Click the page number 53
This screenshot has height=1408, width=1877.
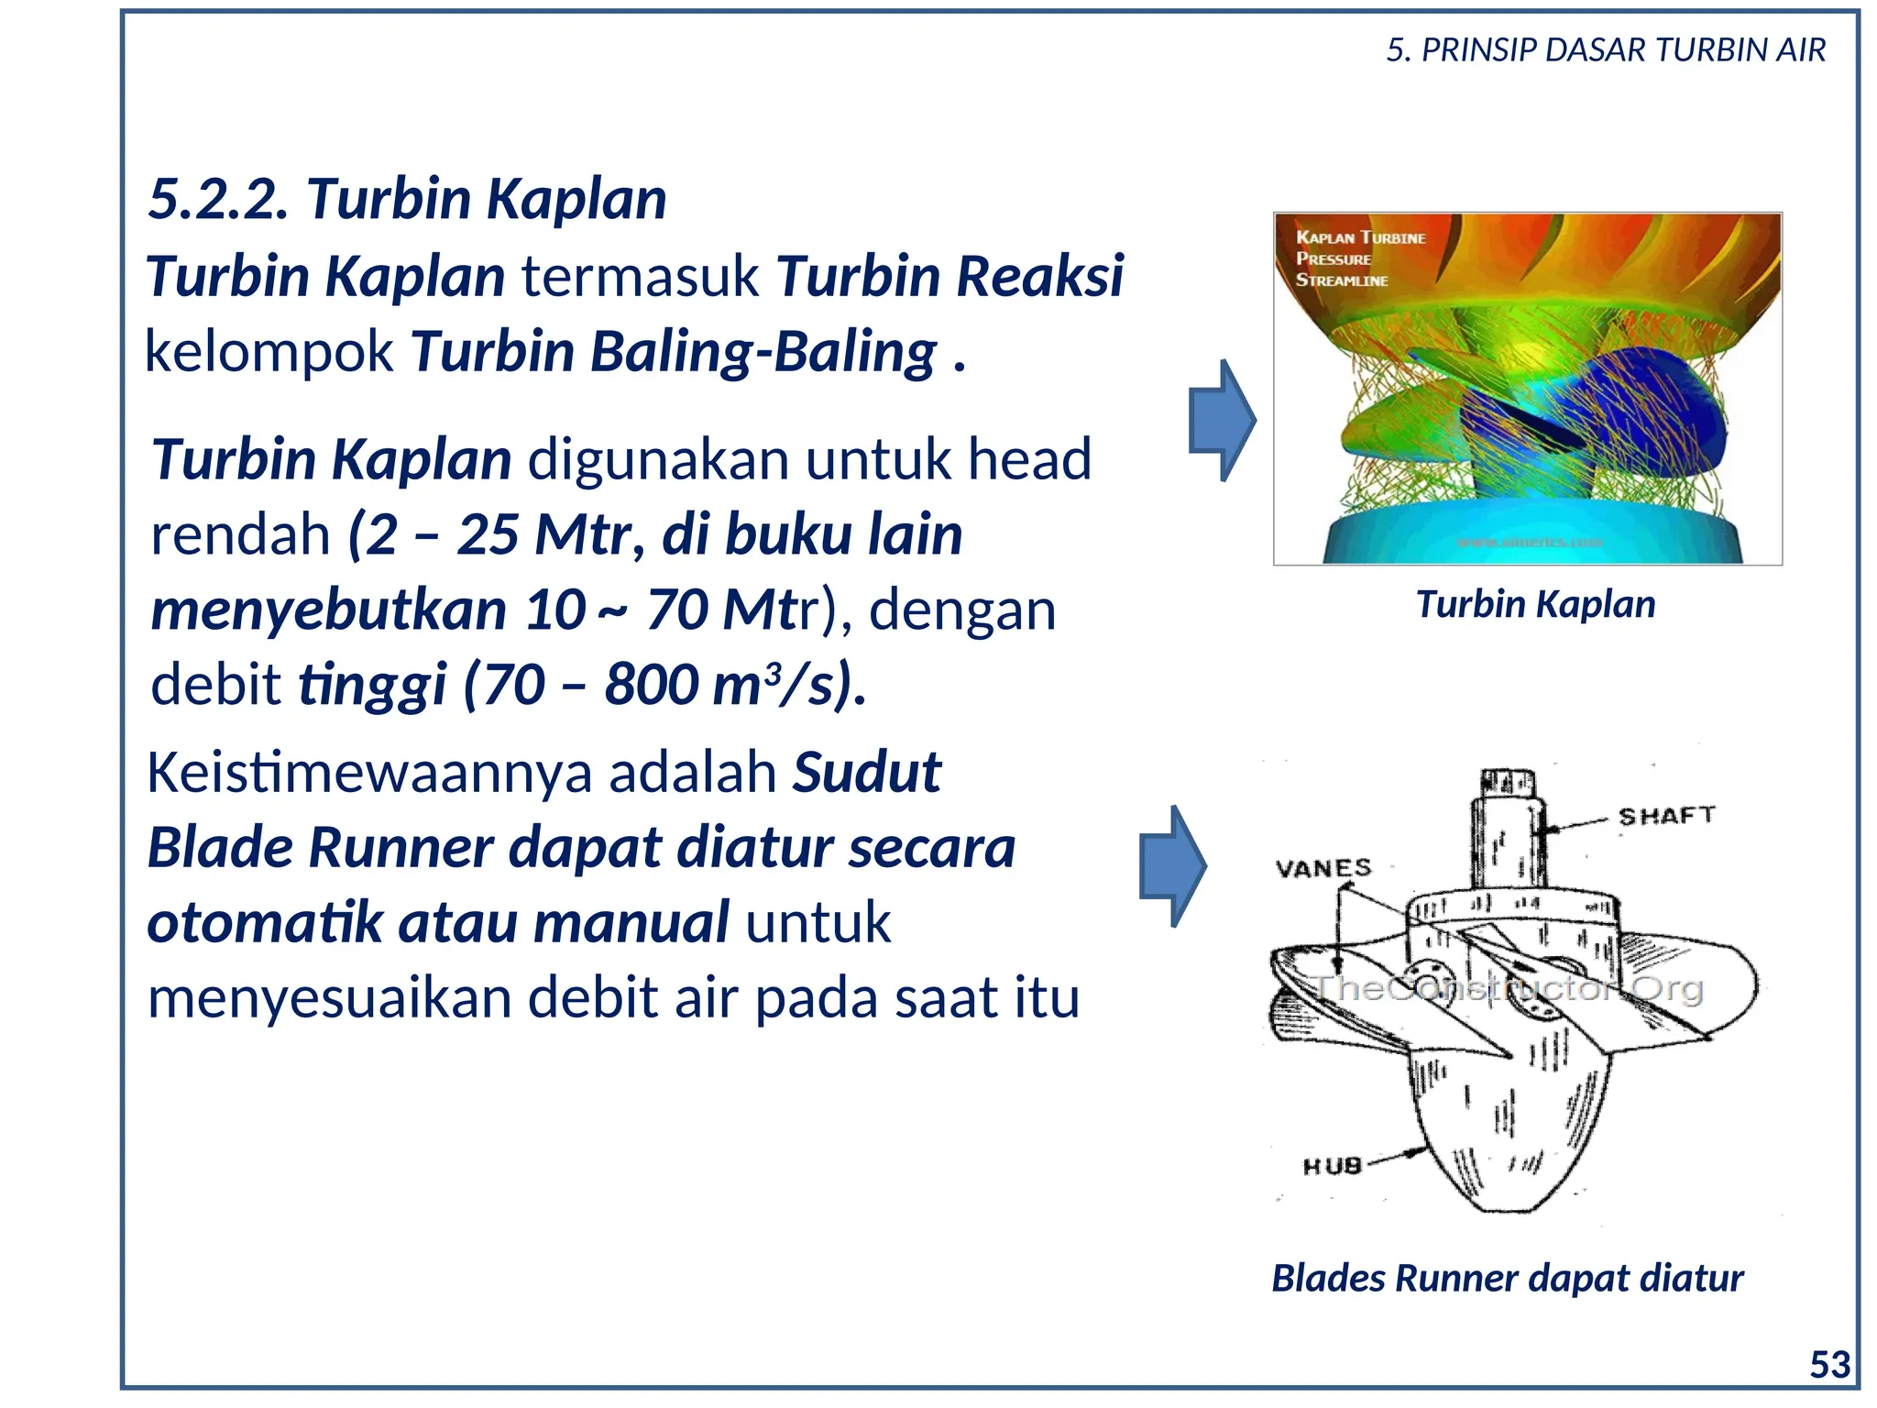tap(1829, 1365)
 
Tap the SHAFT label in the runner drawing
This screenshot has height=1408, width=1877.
tap(1665, 815)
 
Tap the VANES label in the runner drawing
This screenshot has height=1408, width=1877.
tap(1323, 867)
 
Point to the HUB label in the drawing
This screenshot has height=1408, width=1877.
tap(1332, 1166)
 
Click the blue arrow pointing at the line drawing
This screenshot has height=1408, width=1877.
tap(1172, 866)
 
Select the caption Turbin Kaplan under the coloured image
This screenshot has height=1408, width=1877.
tap(1535, 605)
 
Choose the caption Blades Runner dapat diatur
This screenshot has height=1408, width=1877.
tap(1507, 1278)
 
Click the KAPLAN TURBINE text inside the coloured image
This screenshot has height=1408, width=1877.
tap(1360, 237)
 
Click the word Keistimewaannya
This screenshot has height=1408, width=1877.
tap(369, 773)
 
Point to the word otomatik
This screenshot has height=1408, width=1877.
tap(265, 923)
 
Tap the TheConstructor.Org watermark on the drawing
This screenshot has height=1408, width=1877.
tap(1508, 988)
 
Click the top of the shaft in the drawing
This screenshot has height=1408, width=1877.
tap(1507, 780)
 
